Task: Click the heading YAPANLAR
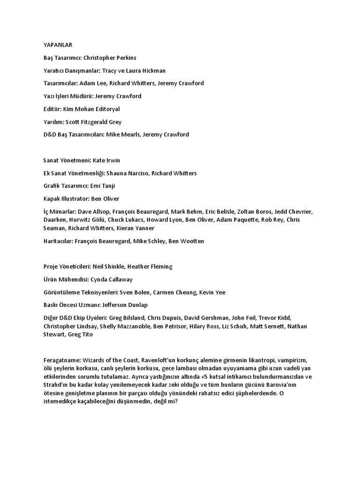58,45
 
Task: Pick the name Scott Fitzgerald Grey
93,122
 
